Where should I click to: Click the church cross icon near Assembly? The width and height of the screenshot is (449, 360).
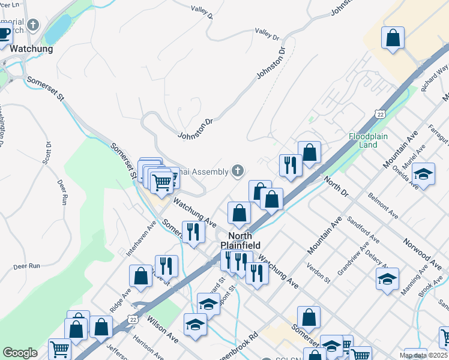click(x=238, y=172)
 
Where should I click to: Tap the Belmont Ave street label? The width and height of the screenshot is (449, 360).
click(x=383, y=205)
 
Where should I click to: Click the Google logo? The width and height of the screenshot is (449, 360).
click(x=20, y=352)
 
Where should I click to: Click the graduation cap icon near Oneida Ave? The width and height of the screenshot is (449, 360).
click(x=424, y=175)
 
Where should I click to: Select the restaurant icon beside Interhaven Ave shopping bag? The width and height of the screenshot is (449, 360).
click(x=166, y=266)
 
